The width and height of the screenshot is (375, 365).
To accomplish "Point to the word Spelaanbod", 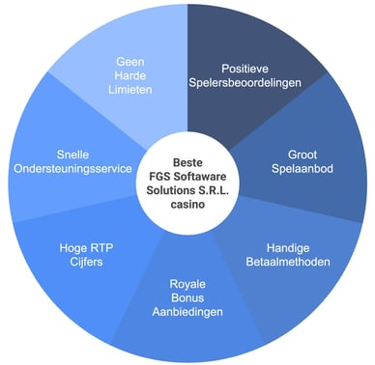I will coord(302,168).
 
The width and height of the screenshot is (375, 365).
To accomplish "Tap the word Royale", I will coord(187,284).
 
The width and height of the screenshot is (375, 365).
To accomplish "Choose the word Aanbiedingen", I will coord(187,313).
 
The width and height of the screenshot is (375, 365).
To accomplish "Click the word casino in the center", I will coord(187,205).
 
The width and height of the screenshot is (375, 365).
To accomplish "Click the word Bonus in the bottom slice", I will coord(187,298).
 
